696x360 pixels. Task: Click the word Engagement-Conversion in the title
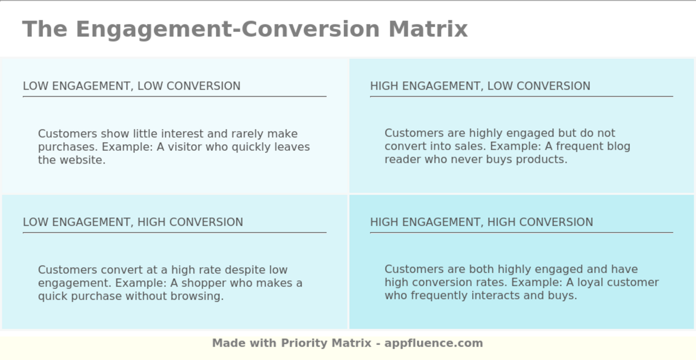[228, 29]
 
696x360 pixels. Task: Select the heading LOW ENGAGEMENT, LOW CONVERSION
[132, 86]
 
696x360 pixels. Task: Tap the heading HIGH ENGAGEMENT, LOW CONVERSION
[480, 86]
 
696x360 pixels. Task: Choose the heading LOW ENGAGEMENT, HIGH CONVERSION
[133, 222]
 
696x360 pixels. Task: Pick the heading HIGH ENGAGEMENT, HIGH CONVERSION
[481, 222]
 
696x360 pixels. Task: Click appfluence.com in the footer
[434, 343]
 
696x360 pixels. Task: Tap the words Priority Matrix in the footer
[326, 343]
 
